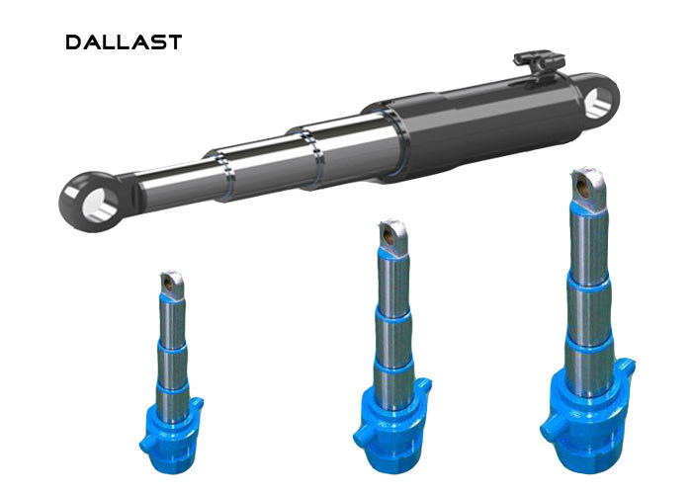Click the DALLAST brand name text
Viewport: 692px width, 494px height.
[124, 41]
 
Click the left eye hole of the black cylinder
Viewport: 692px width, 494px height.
[100, 204]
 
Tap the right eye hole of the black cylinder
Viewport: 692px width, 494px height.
[597, 103]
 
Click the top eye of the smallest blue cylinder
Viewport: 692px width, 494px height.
[171, 284]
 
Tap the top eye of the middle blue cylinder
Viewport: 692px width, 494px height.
[391, 236]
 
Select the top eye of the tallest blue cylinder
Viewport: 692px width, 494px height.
[588, 188]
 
